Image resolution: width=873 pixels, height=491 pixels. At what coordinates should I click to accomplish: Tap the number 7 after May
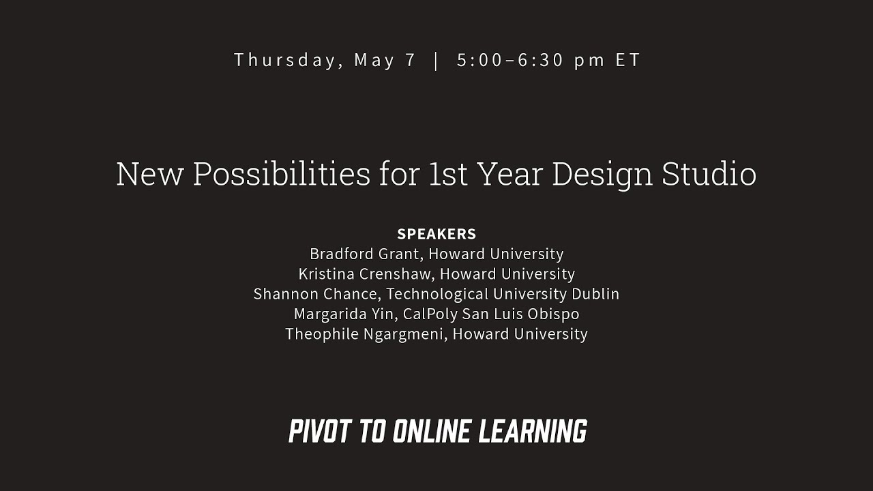coord(410,60)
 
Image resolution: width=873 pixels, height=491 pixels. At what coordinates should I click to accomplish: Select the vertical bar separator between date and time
coord(436,60)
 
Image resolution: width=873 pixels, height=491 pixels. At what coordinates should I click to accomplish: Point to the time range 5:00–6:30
coord(511,60)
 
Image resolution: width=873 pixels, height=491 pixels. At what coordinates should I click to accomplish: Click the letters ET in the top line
coord(627,60)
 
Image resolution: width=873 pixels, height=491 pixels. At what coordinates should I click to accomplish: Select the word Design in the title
coord(602,174)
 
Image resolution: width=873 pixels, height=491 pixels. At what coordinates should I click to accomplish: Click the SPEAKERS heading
coord(436,234)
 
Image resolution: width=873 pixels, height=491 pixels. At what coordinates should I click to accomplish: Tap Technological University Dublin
coord(503,294)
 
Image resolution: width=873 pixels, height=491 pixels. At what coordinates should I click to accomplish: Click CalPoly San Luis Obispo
coord(491,314)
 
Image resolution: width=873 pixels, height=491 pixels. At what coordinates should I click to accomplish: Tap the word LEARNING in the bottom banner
coord(533,431)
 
